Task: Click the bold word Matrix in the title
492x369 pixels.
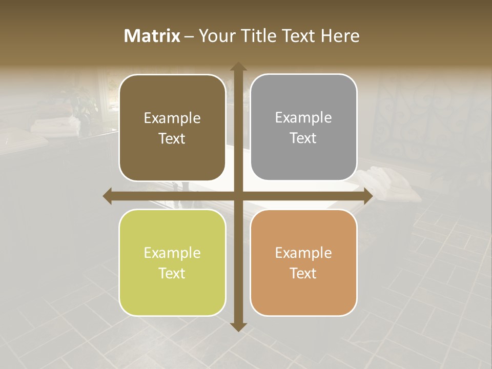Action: [x=152, y=36]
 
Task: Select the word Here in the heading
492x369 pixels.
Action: [x=340, y=36]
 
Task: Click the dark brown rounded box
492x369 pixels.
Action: [x=172, y=128]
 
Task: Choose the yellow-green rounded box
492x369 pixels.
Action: [x=172, y=262]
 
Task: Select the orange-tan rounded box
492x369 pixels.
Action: [x=303, y=262]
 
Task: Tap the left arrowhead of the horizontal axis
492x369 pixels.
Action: [x=108, y=196]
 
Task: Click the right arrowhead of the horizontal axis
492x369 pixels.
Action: [x=367, y=196]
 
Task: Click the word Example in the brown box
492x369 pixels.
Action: [x=172, y=118]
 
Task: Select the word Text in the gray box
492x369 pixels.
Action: [x=303, y=138]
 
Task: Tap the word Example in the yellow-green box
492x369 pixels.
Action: [x=172, y=253]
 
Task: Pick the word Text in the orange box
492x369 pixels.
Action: [x=303, y=273]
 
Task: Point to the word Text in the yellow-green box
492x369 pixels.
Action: [x=172, y=273]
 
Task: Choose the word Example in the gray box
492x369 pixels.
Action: [x=303, y=118]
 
